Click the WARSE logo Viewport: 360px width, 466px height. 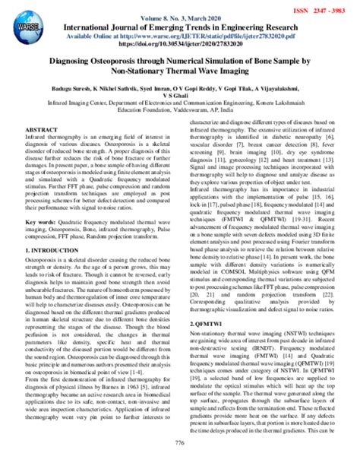point(25,21)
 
